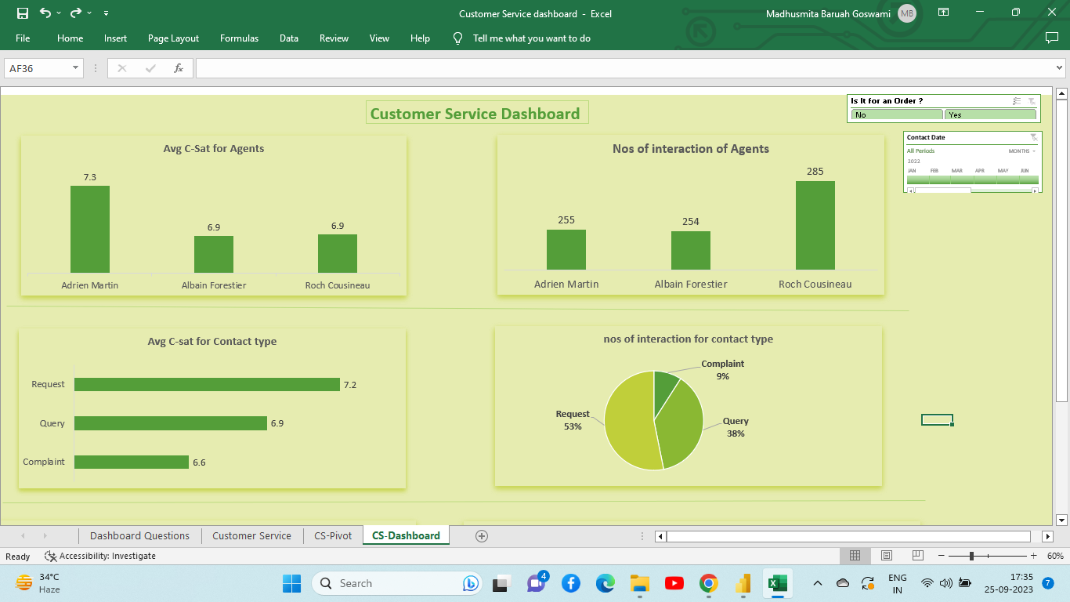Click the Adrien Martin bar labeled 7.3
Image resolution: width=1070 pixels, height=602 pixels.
click(x=90, y=229)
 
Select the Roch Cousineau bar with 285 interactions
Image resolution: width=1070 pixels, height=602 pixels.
click(x=815, y=225)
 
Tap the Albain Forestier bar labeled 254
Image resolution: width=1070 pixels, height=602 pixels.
click(x=690, y=250)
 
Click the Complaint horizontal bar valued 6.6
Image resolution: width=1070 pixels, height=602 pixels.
click(x=132, y=462)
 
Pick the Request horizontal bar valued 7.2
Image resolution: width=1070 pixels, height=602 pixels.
click(x=207, y=385)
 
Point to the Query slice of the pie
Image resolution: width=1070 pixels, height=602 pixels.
click(x=679, y=423)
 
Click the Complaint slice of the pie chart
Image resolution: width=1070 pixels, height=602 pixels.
click(x=666, y=384)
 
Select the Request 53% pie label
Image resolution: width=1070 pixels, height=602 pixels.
click(x=573, y=420)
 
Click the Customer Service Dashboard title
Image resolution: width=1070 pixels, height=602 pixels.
click(x=475, y=114)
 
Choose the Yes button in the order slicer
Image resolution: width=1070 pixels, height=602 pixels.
click(x=990, y=115)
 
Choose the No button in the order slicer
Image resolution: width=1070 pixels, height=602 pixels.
click(x=896, y=115)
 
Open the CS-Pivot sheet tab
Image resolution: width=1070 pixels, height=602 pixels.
click(x=333, y=535)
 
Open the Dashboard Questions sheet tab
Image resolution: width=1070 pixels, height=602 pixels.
click(x=139, y=535)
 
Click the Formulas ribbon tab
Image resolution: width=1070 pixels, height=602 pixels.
click(x=239, y=38)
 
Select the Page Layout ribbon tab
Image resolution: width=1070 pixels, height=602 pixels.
click(x=173, y=38)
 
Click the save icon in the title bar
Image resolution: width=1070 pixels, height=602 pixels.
click(x=23, y=13)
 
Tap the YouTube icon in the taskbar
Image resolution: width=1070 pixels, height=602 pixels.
click(x=674, y=583)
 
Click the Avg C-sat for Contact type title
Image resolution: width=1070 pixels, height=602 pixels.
click(x=211, y=342)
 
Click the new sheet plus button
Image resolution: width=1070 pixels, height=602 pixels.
click(x=482, y=536)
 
